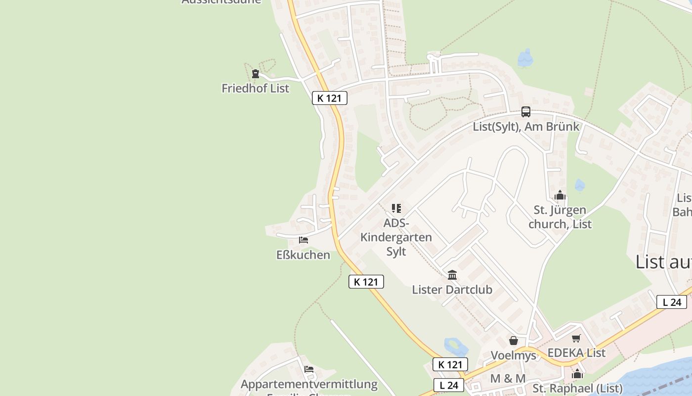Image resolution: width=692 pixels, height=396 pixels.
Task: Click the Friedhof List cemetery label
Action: click(x=255, y=89)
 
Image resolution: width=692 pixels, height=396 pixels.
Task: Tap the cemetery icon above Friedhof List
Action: click(x=255, y=74)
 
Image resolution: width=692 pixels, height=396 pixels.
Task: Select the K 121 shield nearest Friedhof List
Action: click(x=329, y=98)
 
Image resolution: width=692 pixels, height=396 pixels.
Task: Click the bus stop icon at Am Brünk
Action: click(x=526, y=112)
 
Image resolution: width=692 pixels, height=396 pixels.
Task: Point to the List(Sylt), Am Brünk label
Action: click(x=526, y=127)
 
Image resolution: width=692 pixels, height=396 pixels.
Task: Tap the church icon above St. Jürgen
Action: click(x=560, y=196)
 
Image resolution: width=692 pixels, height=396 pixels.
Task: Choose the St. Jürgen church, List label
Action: click(x=560, y=217)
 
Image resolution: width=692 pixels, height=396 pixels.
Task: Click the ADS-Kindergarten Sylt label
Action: click(x=396, y=237)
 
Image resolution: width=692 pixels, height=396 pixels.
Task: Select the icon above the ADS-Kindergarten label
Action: click(x=396, y=208)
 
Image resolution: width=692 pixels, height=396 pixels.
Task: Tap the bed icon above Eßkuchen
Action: click(x=303, y=240)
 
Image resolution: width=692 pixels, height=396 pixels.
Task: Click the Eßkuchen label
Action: click(x=303, y=255)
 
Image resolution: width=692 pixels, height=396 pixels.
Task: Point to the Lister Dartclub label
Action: click(x=452, y=290)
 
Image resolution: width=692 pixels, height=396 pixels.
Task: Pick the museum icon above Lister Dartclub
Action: click(x=452, y=275)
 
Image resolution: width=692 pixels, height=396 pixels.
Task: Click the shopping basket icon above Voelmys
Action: click(x=514, y=341)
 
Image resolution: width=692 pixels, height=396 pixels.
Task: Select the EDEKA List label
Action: click(x=576, y=353)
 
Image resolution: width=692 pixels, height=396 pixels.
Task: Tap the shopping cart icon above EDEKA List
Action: click(x=576, y=339)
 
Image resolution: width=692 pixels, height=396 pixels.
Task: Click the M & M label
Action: click(x=508, y=379)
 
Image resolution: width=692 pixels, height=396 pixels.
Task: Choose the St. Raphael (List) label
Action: click(x=577, y=388)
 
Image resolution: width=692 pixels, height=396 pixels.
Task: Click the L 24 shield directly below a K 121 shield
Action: click(x=449, y=385)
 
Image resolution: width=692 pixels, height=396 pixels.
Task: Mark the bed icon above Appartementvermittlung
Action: click(x=309, y=369)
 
